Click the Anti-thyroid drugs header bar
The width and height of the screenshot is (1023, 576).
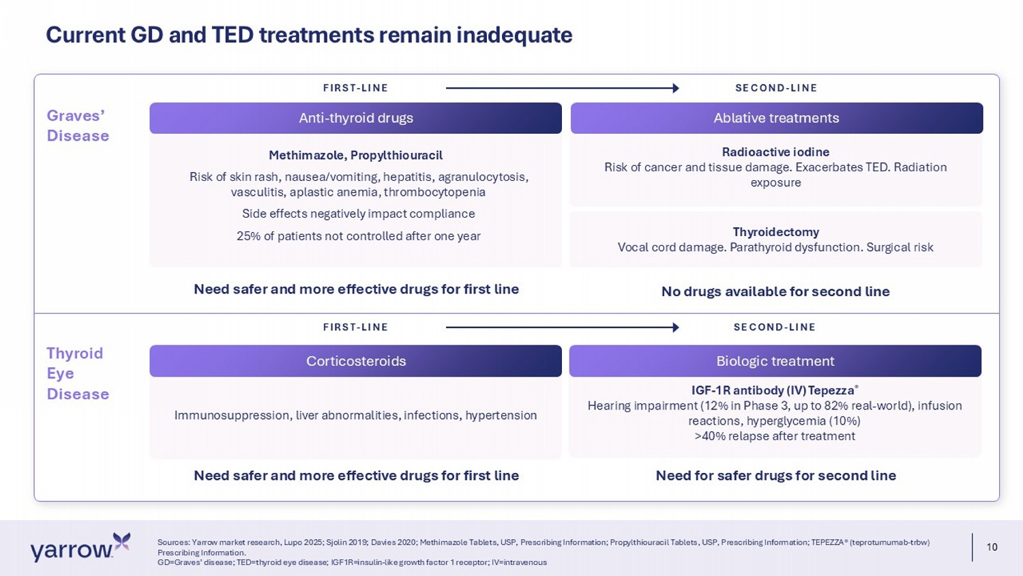point(355,118)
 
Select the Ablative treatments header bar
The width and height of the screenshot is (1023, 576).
point(776,118)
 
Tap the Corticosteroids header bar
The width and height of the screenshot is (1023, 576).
point(355,361)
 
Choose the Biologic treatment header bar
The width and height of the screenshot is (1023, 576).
point(775,361)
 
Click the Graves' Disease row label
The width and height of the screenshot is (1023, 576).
point(78,126)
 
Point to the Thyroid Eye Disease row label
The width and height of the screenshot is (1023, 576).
point(78,373)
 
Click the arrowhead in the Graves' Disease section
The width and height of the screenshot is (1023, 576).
point(676,88)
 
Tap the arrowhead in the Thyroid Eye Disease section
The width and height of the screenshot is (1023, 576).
point(676,328)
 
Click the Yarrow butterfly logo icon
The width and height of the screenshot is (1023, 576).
point(121,542)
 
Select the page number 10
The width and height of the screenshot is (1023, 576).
point(992,547)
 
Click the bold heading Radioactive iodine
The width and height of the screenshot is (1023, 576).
point(775,152)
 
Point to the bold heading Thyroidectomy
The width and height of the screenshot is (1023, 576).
point(776,232)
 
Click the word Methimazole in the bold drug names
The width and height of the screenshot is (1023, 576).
point(306,156)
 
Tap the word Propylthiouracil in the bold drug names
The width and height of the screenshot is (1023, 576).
point(396,156)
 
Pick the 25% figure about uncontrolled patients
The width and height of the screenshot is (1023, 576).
point(249,236)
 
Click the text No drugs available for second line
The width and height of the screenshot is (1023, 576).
point(775,291)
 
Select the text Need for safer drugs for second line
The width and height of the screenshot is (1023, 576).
point(776,476)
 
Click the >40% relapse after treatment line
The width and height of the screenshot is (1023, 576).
point(775,436)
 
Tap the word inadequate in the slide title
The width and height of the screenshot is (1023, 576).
point(514,35)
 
